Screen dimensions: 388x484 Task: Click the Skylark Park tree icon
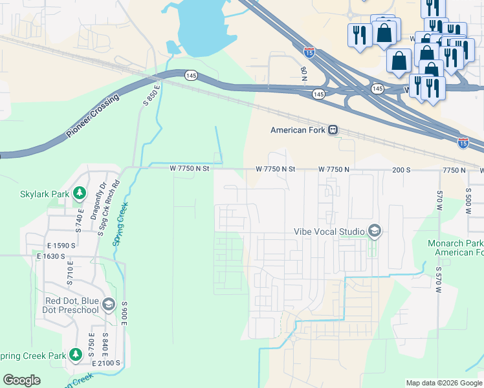pos(80,193)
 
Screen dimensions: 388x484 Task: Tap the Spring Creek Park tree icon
pos(76,355)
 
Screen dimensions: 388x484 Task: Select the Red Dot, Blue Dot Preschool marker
pos(108,305)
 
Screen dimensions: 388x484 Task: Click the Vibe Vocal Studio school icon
pos(374,231)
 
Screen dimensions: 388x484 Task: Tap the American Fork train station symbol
pos(333,130)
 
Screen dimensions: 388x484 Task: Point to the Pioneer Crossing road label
pos(93,117)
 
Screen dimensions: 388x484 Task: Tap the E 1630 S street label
pos(51,257)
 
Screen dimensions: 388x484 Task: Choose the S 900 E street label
pos(124,314)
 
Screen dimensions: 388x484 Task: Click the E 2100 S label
pos(106,364)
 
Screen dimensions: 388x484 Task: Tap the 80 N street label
pos(303,73)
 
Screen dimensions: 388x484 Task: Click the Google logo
pos(22,380)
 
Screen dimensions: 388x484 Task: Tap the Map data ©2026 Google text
pos(443,383)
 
